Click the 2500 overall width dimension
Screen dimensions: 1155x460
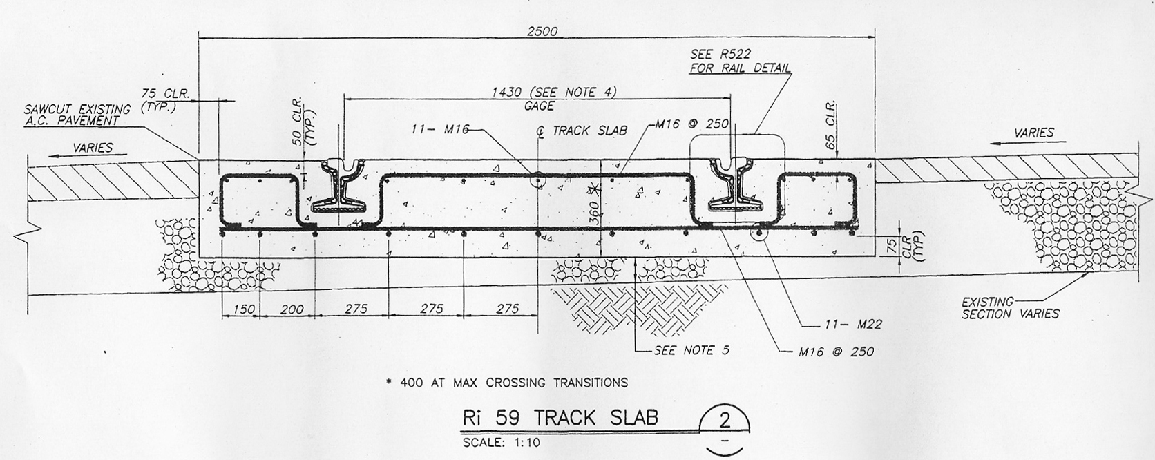542,31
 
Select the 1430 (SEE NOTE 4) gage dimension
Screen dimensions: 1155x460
554,93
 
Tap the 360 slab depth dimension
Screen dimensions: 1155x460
594,213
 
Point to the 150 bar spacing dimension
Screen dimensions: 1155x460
244,309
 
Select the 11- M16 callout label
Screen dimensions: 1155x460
439,129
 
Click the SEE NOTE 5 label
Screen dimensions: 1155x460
691,351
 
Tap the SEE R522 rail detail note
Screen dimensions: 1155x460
741,60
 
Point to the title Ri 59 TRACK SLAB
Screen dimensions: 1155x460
560,418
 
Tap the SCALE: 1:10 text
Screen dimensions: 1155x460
502,443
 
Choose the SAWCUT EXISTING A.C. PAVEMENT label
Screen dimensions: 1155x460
77,115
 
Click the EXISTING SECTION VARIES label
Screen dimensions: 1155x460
1010,307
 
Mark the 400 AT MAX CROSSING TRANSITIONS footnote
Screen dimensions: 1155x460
507,383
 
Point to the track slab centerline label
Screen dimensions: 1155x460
582,131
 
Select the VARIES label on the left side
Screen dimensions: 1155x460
93,148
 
